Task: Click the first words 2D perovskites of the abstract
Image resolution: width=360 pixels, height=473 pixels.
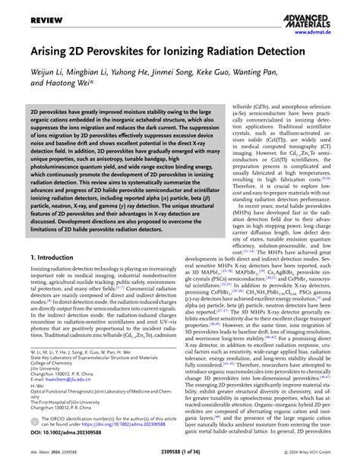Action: click(x=36, y=110)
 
